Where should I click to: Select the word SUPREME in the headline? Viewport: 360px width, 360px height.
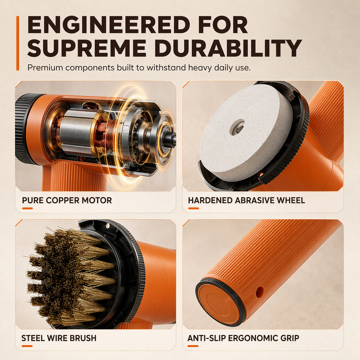86,48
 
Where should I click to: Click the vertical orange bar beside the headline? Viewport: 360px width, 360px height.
18,43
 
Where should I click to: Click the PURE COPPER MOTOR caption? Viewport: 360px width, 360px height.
67,200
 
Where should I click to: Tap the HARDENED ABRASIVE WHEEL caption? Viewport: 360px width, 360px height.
246,200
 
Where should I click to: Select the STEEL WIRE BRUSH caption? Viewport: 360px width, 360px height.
59,338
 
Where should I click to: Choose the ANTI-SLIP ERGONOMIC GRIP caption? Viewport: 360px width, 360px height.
243,338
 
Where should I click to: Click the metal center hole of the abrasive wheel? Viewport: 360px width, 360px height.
237,127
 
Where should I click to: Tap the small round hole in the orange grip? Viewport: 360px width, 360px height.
259,292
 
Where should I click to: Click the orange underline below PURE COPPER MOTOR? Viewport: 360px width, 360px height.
27,208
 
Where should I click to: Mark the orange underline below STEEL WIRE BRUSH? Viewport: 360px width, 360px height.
27,346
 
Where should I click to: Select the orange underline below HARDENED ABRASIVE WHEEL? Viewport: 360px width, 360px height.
194,208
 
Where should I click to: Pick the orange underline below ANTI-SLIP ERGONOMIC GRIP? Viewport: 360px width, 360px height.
193,346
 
